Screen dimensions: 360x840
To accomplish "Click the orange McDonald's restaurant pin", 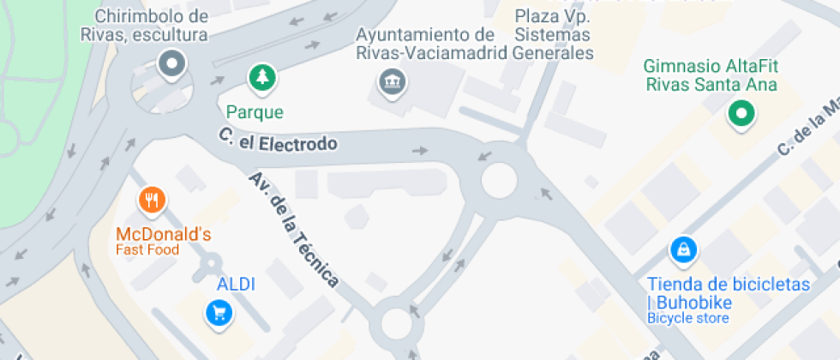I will pos(152,201).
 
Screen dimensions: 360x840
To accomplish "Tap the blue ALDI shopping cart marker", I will pos(219,312).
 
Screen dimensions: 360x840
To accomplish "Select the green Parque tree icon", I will pos(261,79).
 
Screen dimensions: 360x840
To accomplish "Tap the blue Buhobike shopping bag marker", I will pos(683,250).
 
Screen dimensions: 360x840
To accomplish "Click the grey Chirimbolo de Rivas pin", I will pos(172,63).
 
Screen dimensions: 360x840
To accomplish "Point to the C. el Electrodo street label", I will pos(277,140).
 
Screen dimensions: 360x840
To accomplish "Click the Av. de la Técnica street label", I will pos(294,229).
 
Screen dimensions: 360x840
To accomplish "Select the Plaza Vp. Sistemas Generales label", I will pos(553,35).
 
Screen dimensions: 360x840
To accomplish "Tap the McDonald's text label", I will pos(164,234).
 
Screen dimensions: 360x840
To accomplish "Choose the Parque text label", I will pos(255,112).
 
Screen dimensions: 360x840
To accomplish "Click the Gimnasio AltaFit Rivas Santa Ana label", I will pos(711,75).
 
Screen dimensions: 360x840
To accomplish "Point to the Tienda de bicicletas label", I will pos(728,292).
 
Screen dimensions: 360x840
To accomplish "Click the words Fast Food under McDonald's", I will pos(148,250).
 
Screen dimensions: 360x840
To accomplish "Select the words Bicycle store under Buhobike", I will pos(687,319).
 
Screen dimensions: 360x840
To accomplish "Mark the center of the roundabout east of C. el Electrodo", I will pos(499,181).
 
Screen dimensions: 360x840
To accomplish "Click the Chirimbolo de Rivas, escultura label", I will pos(151,26).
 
